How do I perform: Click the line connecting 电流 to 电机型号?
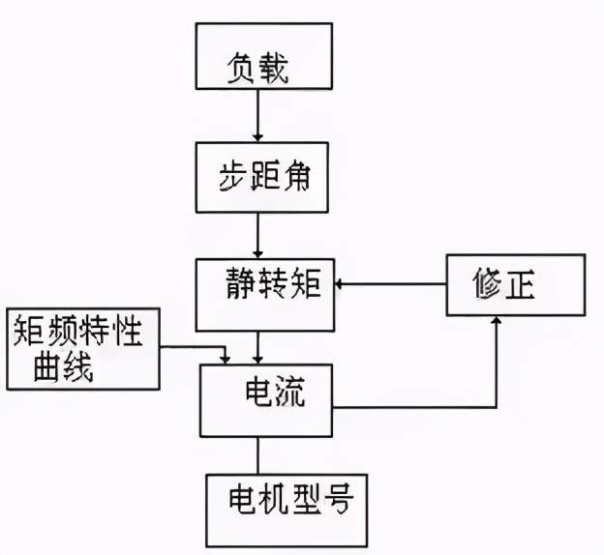[x=258, y=454]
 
